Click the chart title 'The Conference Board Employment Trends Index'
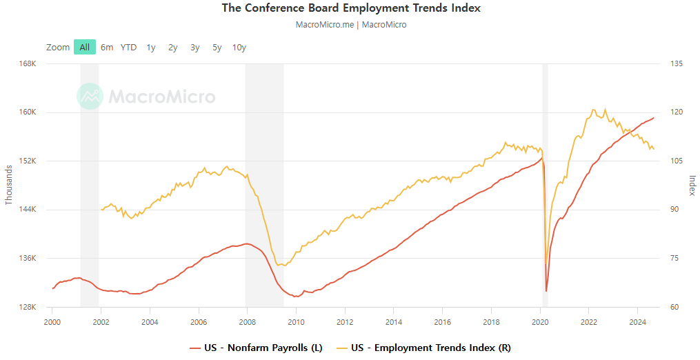pyautogui.click(x=351, y=8)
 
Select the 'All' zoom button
pyautogui.click(x=84, y=48)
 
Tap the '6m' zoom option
pyautogui.click(x=107, y=48)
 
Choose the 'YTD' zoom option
pyautogui.click(x=128, y=48)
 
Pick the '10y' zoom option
pyautogui.click(x=239, y=48)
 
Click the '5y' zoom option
pyautogui.click(x=217, y=48)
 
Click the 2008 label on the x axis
pyautogui.click(x=248, y=321)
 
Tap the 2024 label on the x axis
pyautogui.click(x=637, y=321)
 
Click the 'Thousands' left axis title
pyautogui.click(x=9, y=185)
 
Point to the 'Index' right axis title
pyautogui.click(x=692, y=185)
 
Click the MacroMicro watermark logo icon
pyautogui.click(x=90, y=97)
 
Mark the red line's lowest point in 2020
pyautogui.click(x=546, y=291)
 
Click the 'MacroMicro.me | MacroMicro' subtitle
pyautogui.click(x=351, y=25)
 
